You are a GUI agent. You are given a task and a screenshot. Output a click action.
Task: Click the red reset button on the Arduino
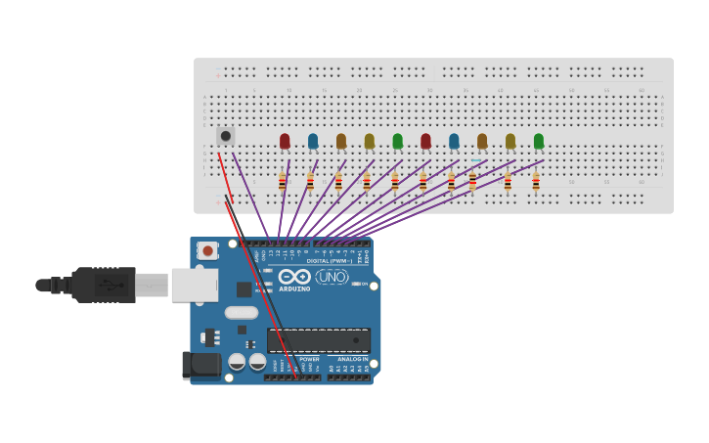[x=207, y=250]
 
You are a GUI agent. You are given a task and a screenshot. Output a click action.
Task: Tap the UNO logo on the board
[x=332, y=277]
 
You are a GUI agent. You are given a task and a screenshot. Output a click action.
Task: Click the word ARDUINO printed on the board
[x=294, y=288]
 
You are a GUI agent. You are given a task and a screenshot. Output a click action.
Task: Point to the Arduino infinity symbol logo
[x=294, y=276]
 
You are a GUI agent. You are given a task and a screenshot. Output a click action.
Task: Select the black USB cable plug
[x=103, y=285]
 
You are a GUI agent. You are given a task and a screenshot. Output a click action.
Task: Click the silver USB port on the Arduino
[x=194, y=285]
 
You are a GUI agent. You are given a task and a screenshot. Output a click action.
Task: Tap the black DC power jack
[x=201, y=366]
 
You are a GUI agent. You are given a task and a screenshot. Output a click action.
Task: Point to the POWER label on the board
[x=309, y=359]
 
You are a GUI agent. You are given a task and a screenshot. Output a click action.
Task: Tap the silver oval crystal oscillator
[x=241, y=313]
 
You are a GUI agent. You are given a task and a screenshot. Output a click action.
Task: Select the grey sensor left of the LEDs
[x=226, y=136]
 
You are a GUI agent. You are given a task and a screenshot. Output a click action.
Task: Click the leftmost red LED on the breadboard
[x=285, y=141]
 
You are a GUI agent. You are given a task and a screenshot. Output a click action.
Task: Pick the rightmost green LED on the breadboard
[x=539, y=141]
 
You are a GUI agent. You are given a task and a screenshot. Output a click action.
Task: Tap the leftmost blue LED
[x=313, y=141]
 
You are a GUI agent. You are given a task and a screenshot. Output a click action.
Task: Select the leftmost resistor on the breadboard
[x=282, y=182]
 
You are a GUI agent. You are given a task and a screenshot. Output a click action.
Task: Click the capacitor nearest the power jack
[x=237, y=362]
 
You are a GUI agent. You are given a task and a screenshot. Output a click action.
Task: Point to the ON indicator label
[x=364, y=284]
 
